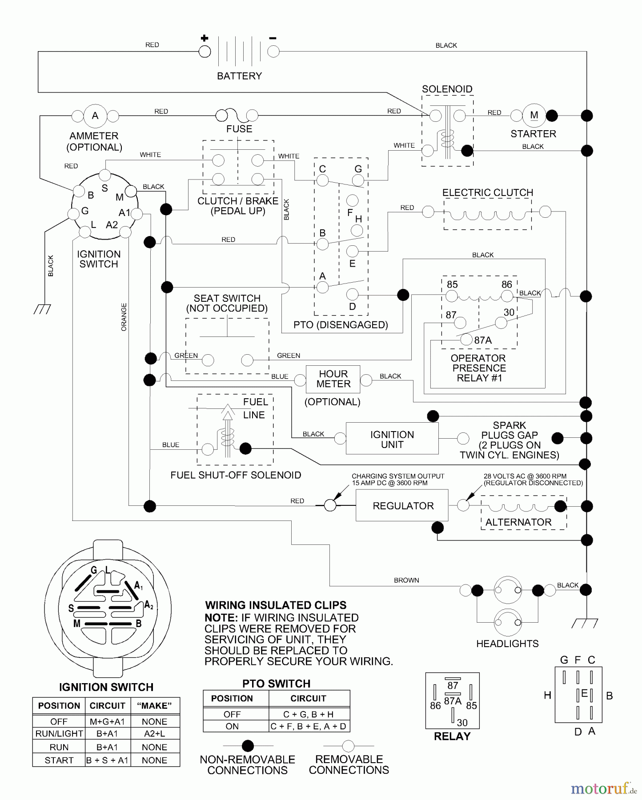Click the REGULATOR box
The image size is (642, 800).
point(402,505)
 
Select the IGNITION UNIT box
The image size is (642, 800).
point(392,439)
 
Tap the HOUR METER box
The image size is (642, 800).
point(333,379)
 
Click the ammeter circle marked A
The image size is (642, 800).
point(95,116)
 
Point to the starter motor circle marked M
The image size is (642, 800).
point(534,116)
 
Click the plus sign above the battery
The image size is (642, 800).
point(205,38)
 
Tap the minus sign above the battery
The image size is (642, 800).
point(273,39)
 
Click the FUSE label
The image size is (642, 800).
point(239,129)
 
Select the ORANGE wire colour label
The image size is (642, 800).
point(124,317)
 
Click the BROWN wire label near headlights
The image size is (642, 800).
point(406,580)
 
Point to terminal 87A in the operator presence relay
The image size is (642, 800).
point(482,340)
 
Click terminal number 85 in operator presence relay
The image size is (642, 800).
point(452,284)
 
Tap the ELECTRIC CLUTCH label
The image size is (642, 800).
point(487,192)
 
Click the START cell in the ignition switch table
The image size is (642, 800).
point(59,760)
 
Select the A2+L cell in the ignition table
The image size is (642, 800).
point(154,734)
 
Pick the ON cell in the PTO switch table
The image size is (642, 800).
point(232,726)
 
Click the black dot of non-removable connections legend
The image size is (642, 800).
point(248,745)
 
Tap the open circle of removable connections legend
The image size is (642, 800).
point(349,745)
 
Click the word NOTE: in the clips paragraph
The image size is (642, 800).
point(221,618)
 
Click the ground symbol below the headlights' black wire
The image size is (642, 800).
point(585,623)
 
